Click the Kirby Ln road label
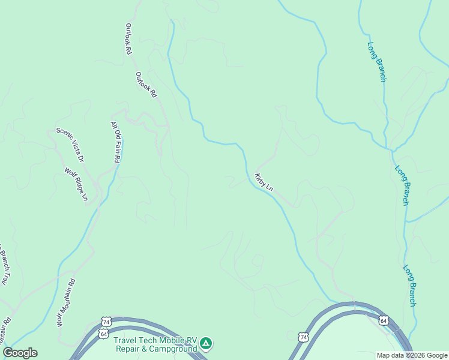(x=264, y=182)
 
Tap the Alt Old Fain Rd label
(x=115, y=142)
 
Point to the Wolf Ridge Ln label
(x=76, y=184)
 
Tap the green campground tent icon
(x=206, y=343)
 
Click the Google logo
(x=20, y=353)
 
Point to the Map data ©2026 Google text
(x=412, y=355)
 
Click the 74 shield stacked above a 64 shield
(x=106, y=322)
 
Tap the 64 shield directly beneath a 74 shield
(x=104, y=334)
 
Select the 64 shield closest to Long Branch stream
(x=384, y=322)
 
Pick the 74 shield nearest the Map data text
(x=304, y=338)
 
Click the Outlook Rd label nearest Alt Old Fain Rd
(x=146, y=85)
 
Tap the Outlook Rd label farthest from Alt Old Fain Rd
(x=128, y=40)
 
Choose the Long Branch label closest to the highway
(x=409, y=286)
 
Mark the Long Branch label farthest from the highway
(x=377, y=62)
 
